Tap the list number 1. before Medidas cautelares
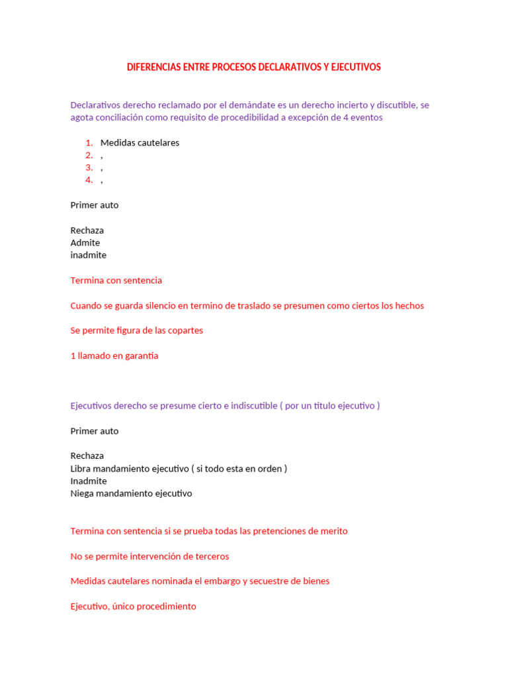(x=89, y=143)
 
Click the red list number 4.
(x=89, y=180)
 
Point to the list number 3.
(x=89, y=168)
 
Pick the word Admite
(x=85, y=243)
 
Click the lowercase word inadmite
(x=88, y=255)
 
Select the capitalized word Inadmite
(x=89, y=481)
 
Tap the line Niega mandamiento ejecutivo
(x=131, y=493)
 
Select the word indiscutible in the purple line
(x=254, y=406)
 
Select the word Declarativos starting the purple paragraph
(x=96, y=105)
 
